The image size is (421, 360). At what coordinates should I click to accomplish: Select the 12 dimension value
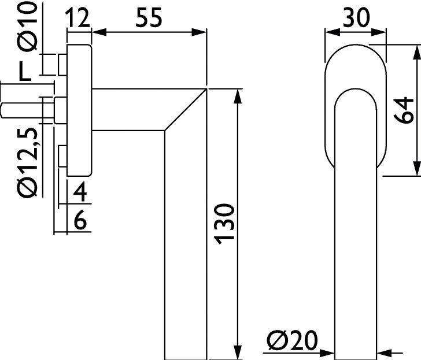click(79, 18)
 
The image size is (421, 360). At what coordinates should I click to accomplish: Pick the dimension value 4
click(81, 191)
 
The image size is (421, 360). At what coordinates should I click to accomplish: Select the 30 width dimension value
click(356, 18)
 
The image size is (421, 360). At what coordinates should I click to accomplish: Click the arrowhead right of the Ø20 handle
click(387, 351)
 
